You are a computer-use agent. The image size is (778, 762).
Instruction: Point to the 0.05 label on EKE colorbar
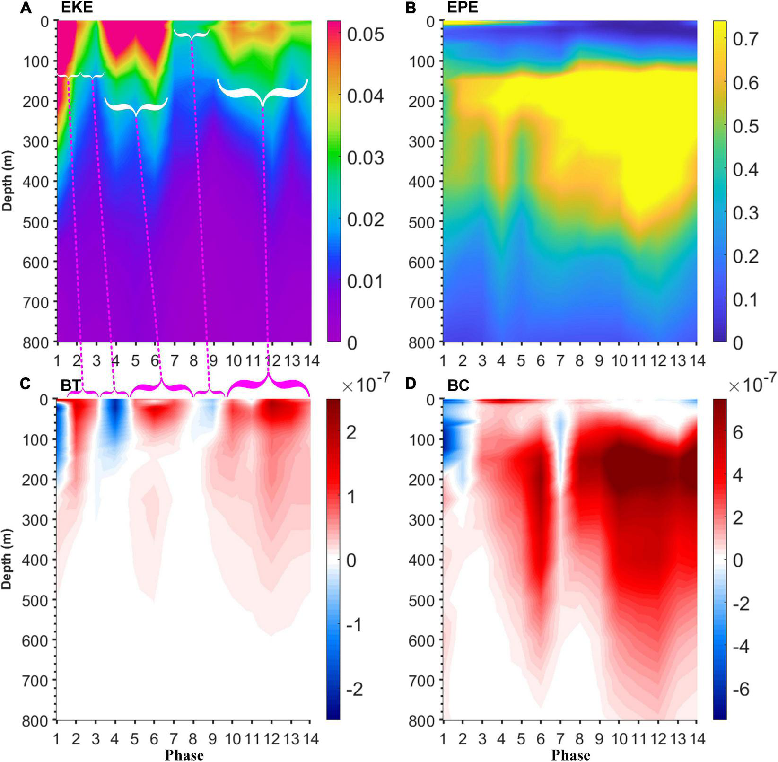tap(365, 35)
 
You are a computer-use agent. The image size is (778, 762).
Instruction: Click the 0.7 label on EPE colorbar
tap(745, 39)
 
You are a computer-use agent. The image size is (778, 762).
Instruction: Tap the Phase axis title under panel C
tap(184, 755)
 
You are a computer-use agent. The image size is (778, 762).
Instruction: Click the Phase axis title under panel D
tap(570, 755)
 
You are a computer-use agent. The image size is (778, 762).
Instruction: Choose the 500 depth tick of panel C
tap(36, 600)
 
